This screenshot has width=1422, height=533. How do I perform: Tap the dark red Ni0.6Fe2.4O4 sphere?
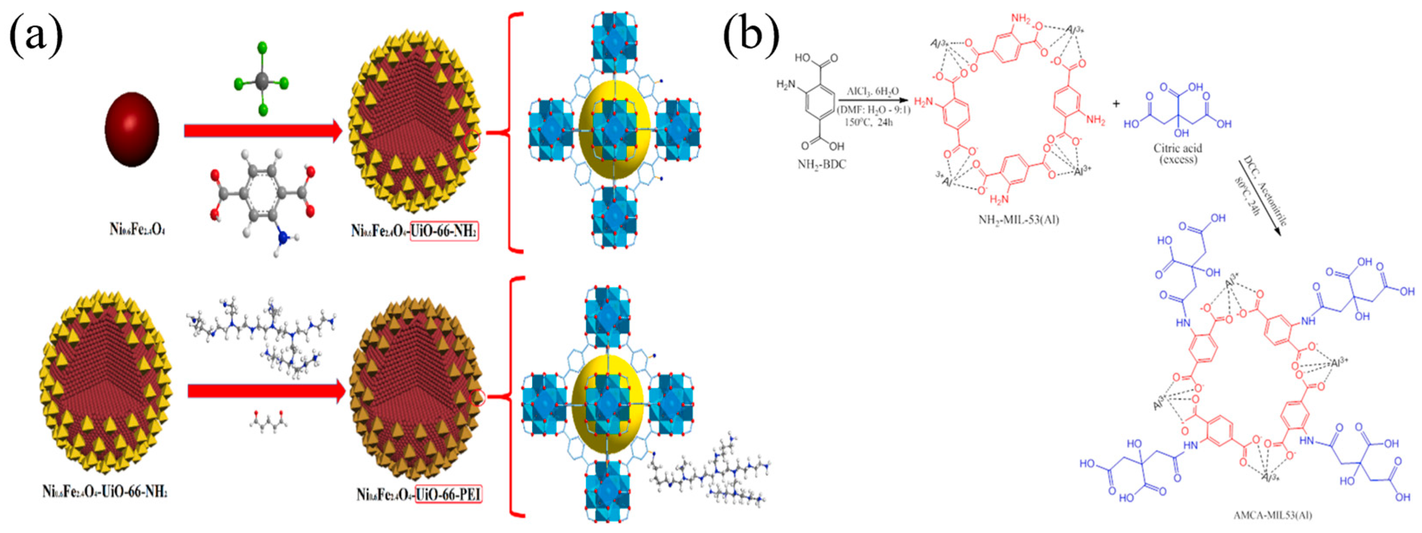coord(132,129)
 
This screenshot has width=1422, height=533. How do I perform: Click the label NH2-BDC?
coord(821,164)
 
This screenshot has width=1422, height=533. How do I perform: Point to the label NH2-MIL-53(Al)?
coord(1019,220)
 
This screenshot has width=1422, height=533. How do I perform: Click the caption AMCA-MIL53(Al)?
coord(1272,515)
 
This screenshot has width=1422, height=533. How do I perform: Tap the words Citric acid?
coord(1177,148)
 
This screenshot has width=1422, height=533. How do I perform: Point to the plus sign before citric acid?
coord(1116,104)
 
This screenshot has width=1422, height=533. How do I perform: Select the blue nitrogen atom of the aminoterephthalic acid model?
coord(284,238)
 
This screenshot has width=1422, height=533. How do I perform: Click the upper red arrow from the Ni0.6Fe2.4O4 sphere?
coord(263,131)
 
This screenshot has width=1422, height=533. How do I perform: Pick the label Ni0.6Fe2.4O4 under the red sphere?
coord(137,229)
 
